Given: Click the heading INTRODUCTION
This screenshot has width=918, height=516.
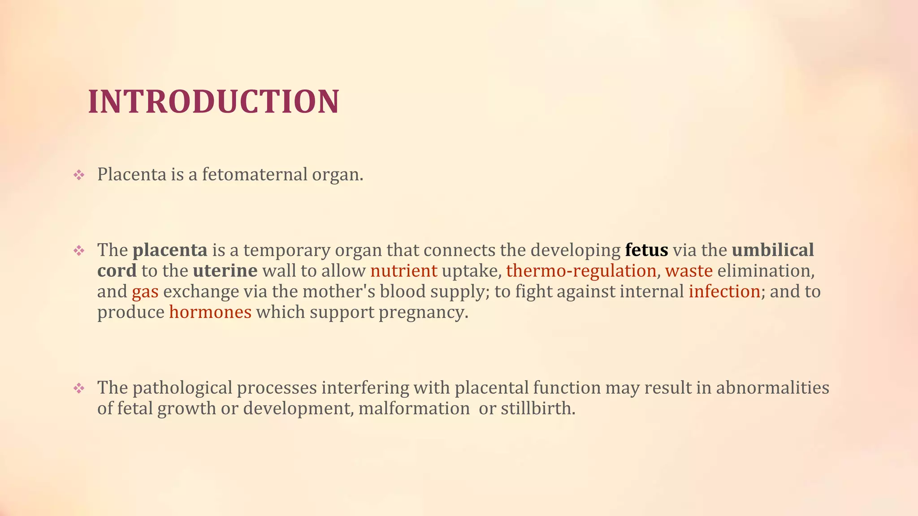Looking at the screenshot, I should pyautogui.click(x=213, y=102).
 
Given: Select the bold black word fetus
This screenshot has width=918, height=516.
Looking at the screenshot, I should pyautogui.click(x=646, y=250).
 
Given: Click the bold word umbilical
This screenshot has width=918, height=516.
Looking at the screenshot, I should pyautogui.click(x=773, y=250).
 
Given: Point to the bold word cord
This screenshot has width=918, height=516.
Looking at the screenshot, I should pyautogui.click(x=117, y=271).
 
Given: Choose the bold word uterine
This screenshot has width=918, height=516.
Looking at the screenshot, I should pyautogui.click(x=225, y=271).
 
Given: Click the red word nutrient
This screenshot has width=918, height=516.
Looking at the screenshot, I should pyautogui.click(x=403, y=271).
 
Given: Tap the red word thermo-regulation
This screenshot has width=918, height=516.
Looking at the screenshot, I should pyautogui.click(x=581, y=271).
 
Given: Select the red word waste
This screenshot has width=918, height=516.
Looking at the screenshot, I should pyautogui.click(x=688, y=271).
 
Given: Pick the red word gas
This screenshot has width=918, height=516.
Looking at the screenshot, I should pyautogui.click(x=145, y=292).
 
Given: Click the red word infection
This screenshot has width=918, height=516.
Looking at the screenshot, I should pyautogui.click(x=724, y=291).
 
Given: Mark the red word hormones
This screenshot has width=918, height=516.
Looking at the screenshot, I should pyautogui.click(x=210, y=312).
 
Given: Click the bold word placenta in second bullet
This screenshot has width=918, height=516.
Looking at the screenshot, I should pyautogui.click(x=170, y=250).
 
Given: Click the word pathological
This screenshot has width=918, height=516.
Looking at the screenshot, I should pyautogui.click(x=182, y=388).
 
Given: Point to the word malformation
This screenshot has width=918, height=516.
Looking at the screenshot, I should pyautogui.click(x=414, y=408).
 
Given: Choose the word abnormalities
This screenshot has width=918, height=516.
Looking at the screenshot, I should pyautogui.click(x=772, y=387).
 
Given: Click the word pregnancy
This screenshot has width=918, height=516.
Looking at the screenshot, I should pyautogui.click(x=423, y=313).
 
